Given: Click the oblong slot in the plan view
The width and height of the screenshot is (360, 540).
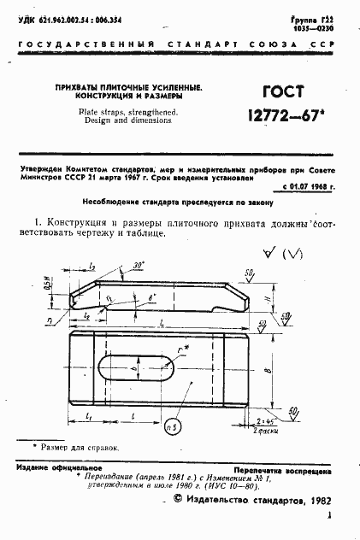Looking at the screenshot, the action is (133, 370).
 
